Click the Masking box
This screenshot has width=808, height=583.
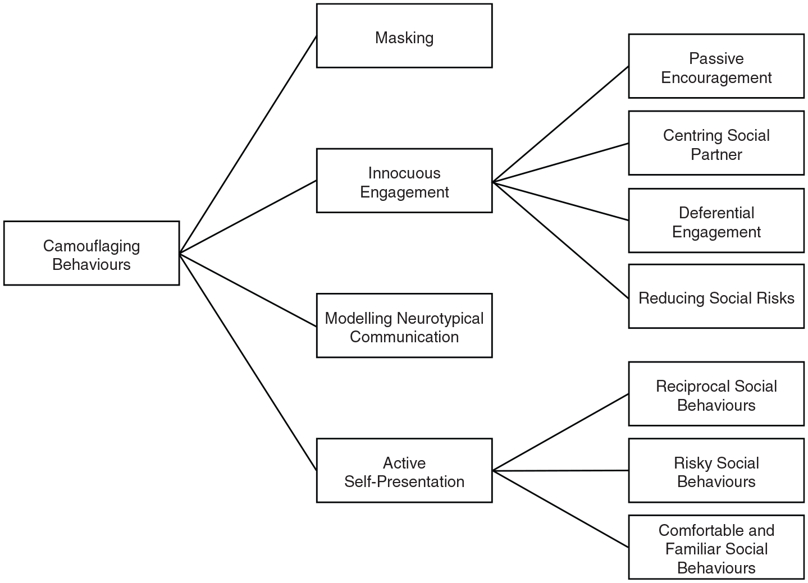click(x=404, y=36)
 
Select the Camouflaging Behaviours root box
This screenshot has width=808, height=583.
click(x=92, y=253)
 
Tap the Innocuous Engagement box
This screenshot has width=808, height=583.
click(x=404, y=181)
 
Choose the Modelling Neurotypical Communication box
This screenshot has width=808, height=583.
click(x=404, y=325)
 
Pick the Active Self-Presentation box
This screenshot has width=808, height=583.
click(x=404, y=471)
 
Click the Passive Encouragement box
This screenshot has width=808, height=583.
click(x=716, y=66)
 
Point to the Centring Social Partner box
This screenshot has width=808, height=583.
click(x=716, y=143)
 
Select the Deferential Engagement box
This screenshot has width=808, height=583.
click(x=716, y=221)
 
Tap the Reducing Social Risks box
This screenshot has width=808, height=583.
click(x=716, y=296)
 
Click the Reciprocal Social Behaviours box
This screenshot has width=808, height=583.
click(x=716, y=394)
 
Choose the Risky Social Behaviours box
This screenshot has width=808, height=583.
click(x=716, y=471)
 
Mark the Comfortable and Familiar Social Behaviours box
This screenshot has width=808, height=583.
click(x=716, y=547)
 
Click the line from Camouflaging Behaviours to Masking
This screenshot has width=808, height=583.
click(x=248, y=145)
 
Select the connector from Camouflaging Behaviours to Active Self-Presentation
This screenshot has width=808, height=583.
click(x=248, y=362)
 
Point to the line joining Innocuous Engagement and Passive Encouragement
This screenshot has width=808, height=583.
click(x=560, y=124)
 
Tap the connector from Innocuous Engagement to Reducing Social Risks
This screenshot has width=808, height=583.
click(x=560, y=241)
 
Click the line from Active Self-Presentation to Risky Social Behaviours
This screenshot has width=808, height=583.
click(x=560, y=471)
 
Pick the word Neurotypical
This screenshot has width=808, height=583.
click(x=440, y=318)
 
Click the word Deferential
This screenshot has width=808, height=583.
click(x=716, y=213)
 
